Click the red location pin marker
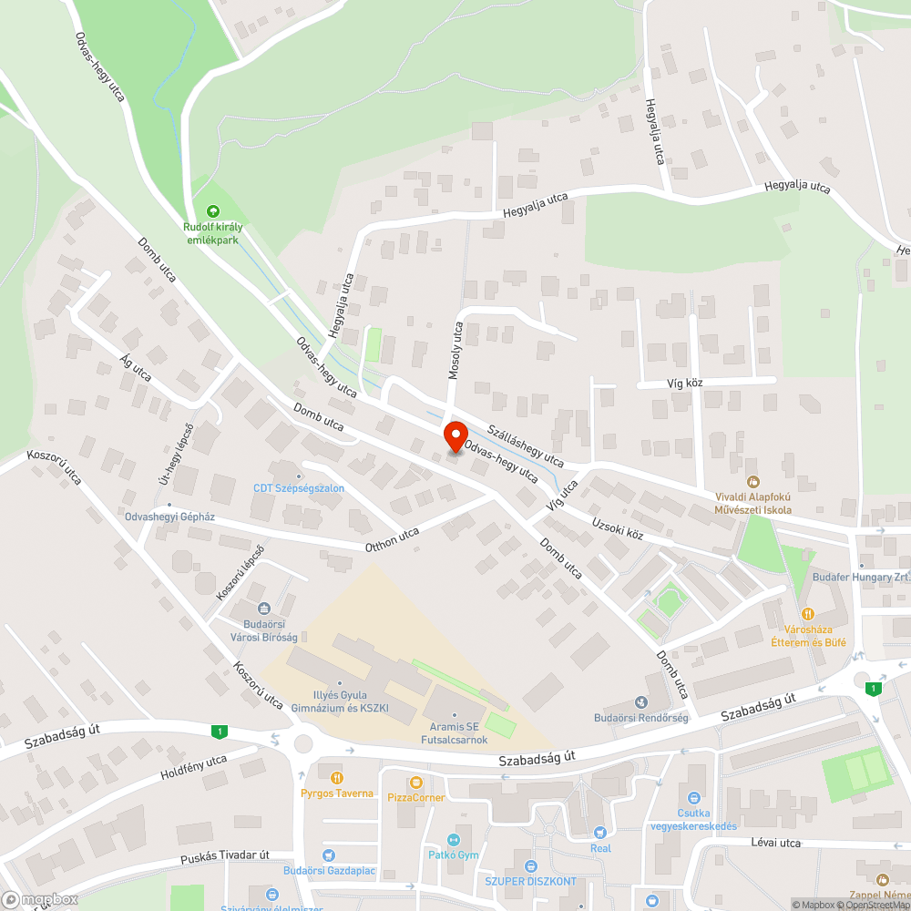pyautogui.click(x=454, y=436)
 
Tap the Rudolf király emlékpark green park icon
pyautogui.click(x=214, y=212)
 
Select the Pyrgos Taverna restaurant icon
pyautogui.click(x=337, y=777)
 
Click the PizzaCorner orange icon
pyautogui.click(x=416, y=783)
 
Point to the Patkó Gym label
pyautogui.click(x=454, y=855)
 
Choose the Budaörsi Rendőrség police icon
pyautogui.click(x=640, y=702)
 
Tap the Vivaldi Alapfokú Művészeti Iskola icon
pyautogui.click(x=752, y=481)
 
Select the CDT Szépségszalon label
pyautogui.click(x=299, y=488)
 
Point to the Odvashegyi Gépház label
pyautogui.click(x=169, y=517)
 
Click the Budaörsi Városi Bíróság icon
pyautogui.click(x=264, y=609)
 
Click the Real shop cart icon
pyautogui.click(x=599, y=832)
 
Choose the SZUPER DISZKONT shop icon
pyautogui.click(x=531, y=865)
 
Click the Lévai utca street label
pyautogui.click(x=776, y=843)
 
